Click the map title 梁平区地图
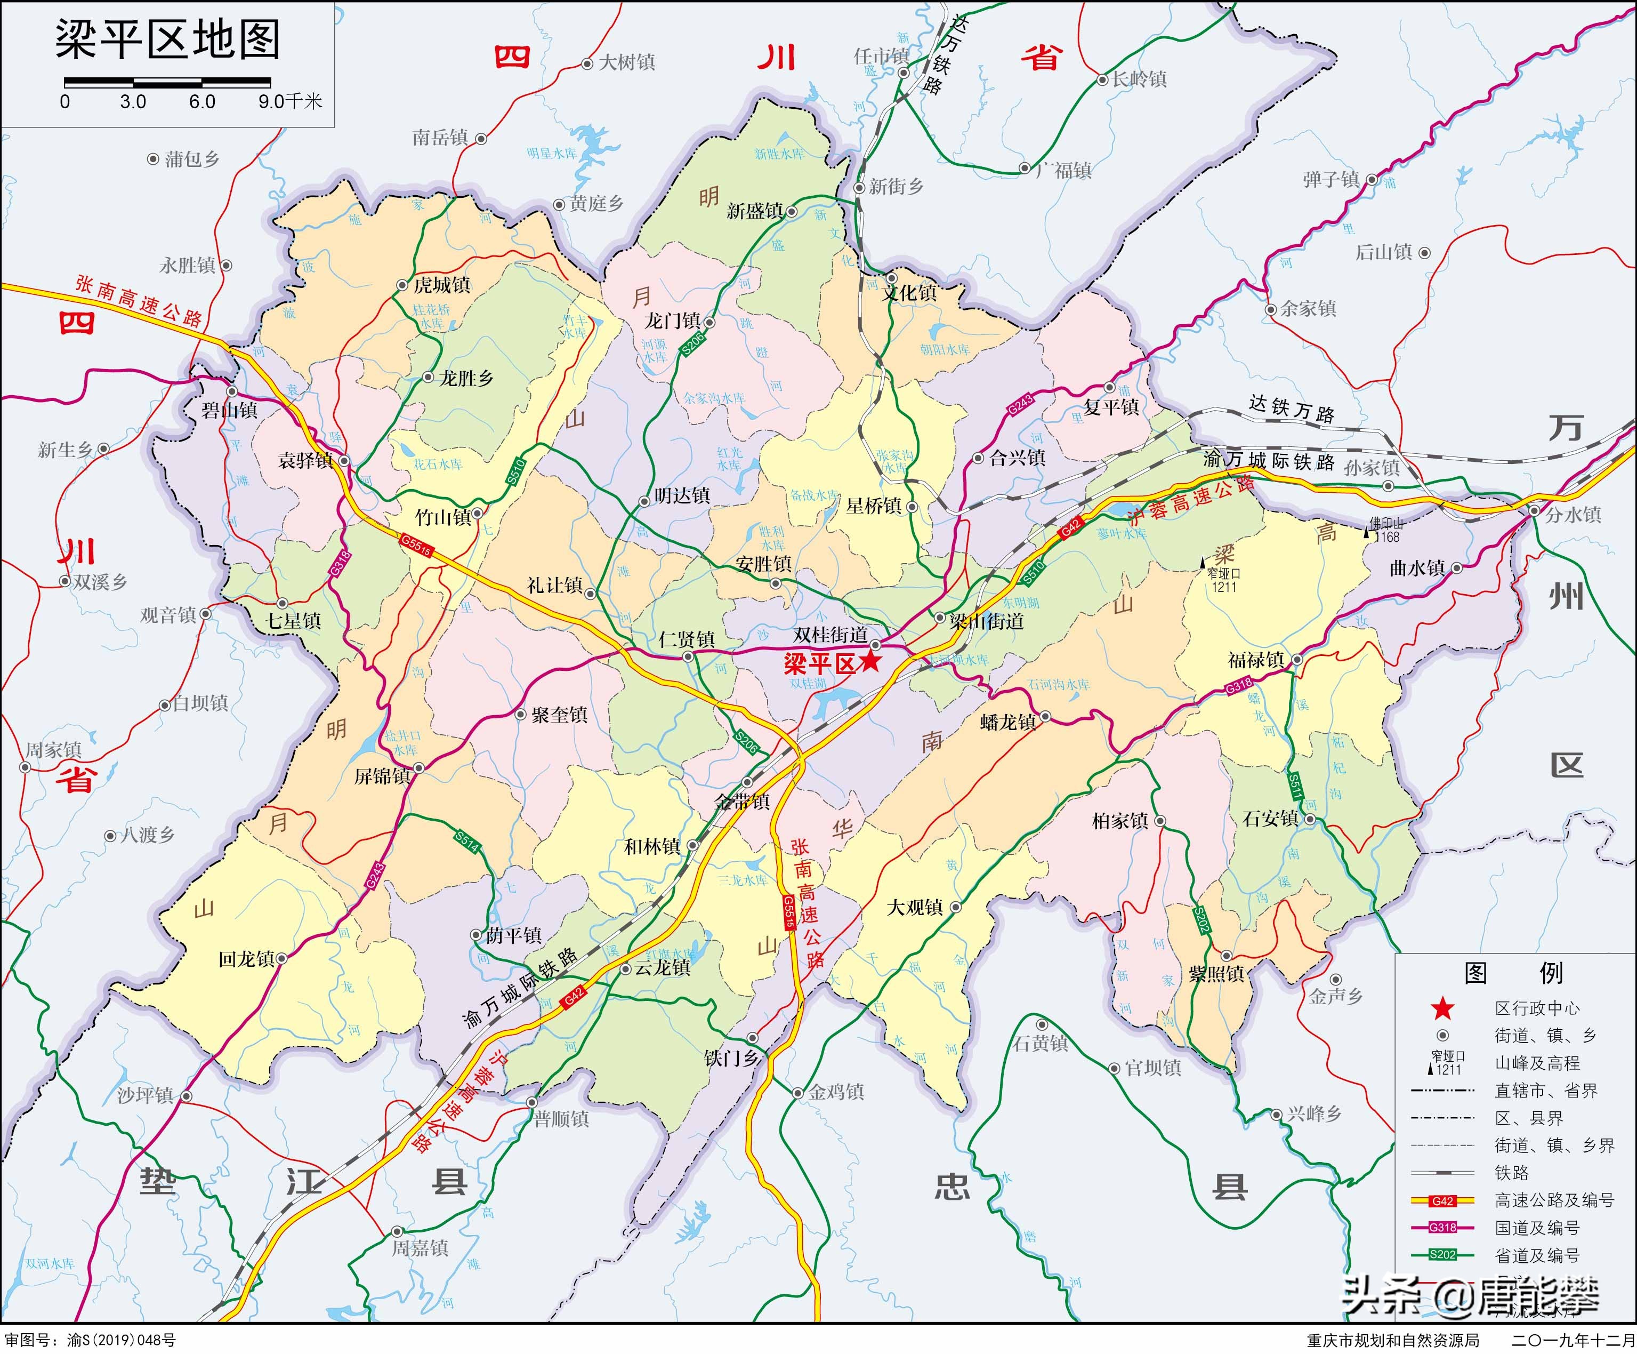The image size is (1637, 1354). click(167, 41)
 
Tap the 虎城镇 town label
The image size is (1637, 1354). click(442, 285)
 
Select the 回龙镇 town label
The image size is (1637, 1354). click(246, 958)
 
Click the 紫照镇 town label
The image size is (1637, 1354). click(1216, 974)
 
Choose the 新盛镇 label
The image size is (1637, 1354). click(755, 211)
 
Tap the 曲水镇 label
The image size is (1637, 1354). click(1417, 568)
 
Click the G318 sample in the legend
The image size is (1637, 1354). click(1442, 1228)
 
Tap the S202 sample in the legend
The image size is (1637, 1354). click(1442, 1255)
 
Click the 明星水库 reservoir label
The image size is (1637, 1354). click(551, 154)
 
